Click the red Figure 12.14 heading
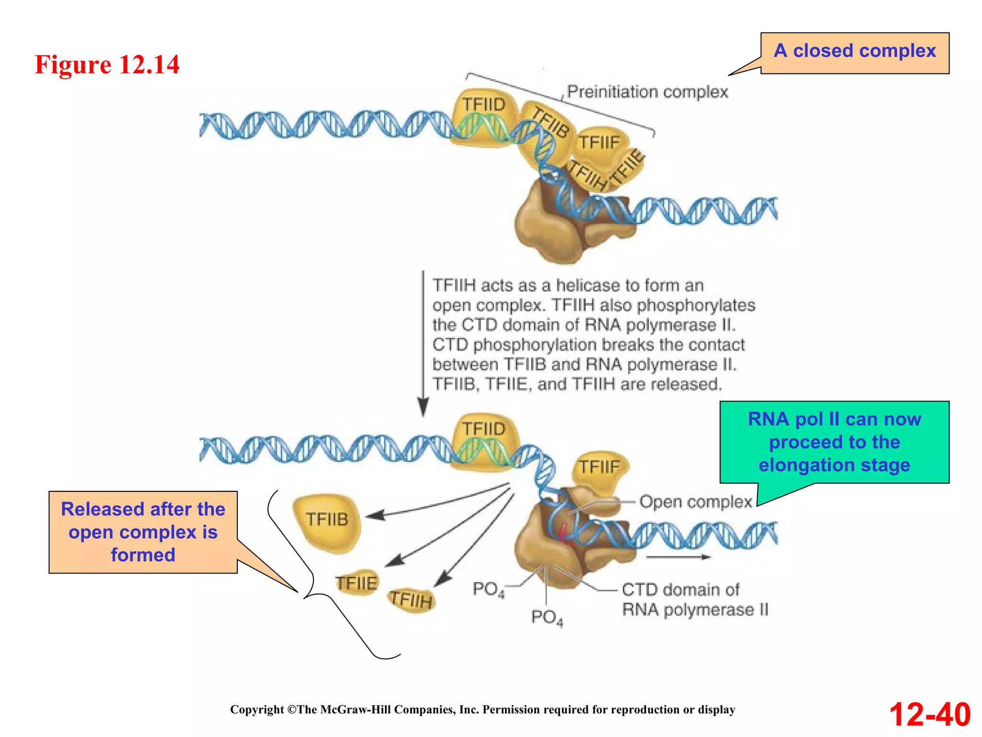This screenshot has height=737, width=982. pos(107,64)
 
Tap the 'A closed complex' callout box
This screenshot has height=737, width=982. pos(854,52)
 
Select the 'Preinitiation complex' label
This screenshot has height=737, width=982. pos(647,92)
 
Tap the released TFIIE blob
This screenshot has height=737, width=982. pos(356,583)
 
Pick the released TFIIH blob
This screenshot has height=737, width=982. pos(411,600)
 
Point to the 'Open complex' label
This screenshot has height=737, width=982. pos(695,502)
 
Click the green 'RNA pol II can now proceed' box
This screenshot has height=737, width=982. pos(834,442)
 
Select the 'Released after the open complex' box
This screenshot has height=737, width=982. pos(143,532)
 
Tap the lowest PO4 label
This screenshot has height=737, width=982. pos(547,618)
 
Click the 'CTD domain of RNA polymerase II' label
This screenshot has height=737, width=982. pos(694,600)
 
